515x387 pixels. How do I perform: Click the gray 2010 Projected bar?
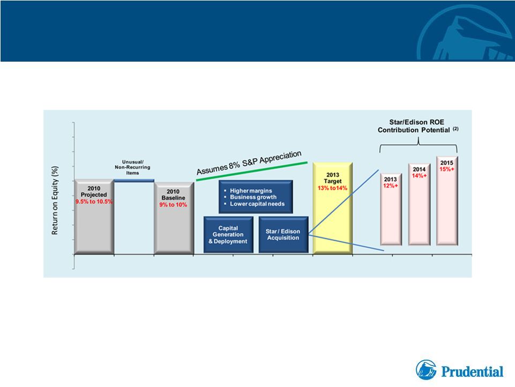(x=94, y=217)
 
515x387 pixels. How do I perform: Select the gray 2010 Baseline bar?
(x=174, y=219)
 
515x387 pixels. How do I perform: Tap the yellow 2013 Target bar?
(x=333, y=209)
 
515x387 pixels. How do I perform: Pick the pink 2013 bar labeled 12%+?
(x=391, y=209)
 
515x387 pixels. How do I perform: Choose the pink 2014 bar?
(x=419, y=204)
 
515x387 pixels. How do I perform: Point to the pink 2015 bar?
(x=447, y=200)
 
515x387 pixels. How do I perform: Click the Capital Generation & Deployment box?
(x=228, y=235)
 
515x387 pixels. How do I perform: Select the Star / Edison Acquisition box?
(x=283, y=235)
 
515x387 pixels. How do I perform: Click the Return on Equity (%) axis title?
(x=55, y=200)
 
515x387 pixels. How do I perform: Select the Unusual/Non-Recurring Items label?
(x=132, y=167)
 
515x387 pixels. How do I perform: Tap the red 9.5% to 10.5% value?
(x=94, y=202)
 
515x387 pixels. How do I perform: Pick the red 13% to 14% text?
(x=332, y=188)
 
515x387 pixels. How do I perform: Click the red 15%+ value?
(x=447, y=169)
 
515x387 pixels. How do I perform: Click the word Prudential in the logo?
(x=472, y=372)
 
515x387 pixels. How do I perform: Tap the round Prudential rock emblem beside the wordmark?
(x=427, y=370)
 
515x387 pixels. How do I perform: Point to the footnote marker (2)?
(x=456, y=129)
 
